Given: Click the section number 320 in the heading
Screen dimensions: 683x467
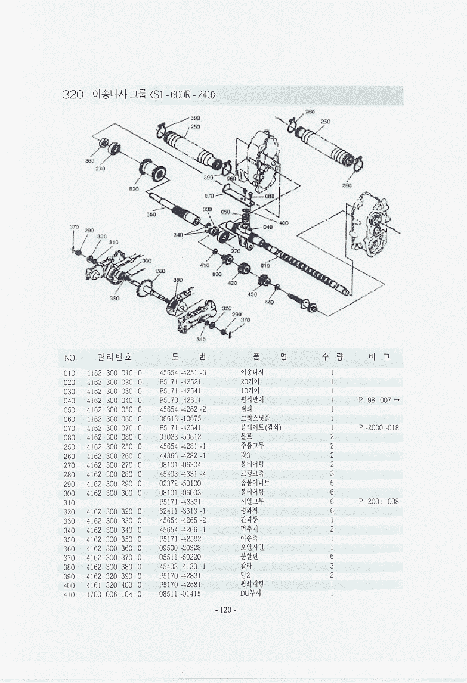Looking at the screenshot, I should pos(73,95).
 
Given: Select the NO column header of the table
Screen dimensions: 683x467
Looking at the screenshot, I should pos(70,358).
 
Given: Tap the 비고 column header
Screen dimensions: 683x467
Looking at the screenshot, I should pos(379,357).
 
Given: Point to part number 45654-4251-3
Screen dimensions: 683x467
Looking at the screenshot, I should pos(183,372).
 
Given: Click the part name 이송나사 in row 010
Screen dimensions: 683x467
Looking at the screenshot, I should pos(252,372).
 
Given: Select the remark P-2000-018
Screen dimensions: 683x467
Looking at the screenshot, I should pos(379,428).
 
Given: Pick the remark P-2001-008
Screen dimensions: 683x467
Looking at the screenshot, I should pos(379,502).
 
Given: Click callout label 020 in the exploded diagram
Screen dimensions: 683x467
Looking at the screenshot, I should pos(134,189).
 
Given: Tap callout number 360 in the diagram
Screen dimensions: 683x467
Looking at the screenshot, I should pos(89,161).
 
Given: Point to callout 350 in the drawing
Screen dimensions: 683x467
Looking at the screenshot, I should pos(151,214).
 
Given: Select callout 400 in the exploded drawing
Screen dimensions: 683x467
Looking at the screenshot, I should pos(284,223).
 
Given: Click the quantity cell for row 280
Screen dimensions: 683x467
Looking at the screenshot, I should pos(332,474).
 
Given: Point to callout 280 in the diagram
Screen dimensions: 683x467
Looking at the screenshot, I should pos(160,271).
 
